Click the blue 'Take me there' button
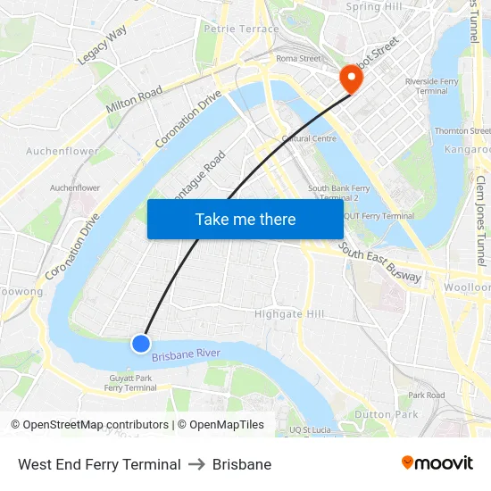pyautogui.click(x=245, y=219)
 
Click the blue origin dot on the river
pyautogui.click(x=141, y=343)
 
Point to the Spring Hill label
pyautogui.click(x=375, y=7)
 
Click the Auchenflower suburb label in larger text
pyautogui.click(x=62, y=151)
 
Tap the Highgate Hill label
pyautogui.click(x=289, y=314)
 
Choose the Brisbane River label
pyautogui.click(x=186, y=355)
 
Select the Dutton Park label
pyautogui.click(x=386, y=414)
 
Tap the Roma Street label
pyautogui.click(x=298, y=59)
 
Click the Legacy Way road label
pyautogui.click(x=102, y=46)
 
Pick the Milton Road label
pyautogui.click(x=134, y=99)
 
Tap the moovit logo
pyautogui.click(x=437, y=462)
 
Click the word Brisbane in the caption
pyautogui.click(x=242, y=464)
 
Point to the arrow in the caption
pyautogui.click(x=196, y=464)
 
